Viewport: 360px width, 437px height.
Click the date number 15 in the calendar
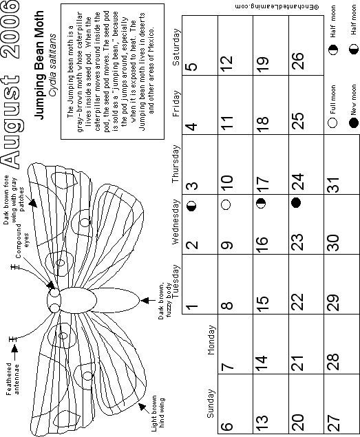click(262, 302)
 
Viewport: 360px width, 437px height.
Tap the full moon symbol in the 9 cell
click(226, 204)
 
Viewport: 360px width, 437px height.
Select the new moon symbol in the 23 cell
click(296, 202)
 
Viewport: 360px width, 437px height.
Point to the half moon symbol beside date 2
click(191, 206)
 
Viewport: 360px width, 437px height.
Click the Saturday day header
click(176, 47)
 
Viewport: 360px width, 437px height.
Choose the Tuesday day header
click(176, 281)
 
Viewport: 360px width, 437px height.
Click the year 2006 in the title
click(10, 30)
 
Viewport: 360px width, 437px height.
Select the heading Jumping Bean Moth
click(39, 65)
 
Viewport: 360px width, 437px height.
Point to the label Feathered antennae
click(13, 379)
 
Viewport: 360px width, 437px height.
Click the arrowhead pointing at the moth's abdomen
click(144, 301)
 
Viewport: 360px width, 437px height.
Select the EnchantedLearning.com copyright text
click(277, 7)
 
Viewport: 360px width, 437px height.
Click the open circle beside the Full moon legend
click(332, 122)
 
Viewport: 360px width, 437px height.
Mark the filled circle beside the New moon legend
click(353, 122)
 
